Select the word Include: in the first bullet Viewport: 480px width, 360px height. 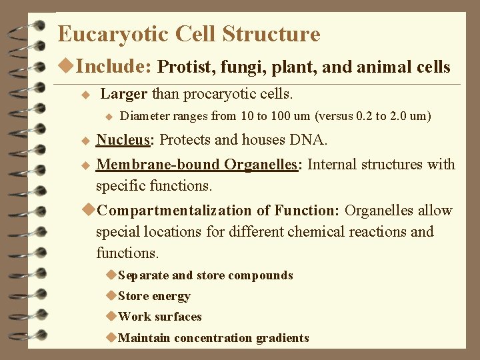point(115,67)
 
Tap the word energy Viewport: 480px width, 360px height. point(171,296)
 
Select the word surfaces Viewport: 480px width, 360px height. point(179,317)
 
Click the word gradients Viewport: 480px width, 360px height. point(281,338)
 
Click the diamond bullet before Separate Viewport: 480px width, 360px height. point(112,275)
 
